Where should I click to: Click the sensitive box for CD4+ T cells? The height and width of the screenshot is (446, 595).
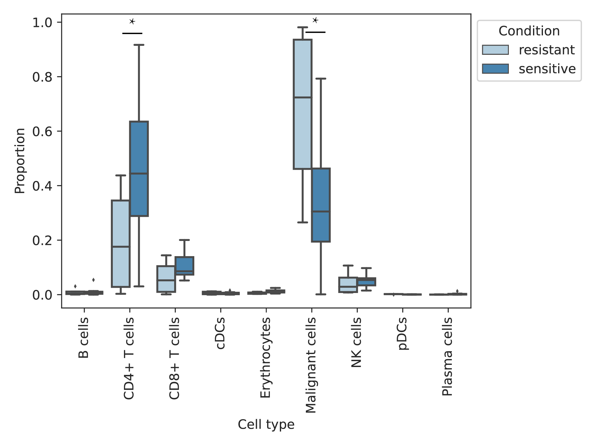(139, 169)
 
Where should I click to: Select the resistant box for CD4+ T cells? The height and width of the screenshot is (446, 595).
(121, 244)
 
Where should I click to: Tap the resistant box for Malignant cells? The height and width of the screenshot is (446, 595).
(302, 104)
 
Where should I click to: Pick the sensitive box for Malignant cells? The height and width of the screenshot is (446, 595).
(321, 205)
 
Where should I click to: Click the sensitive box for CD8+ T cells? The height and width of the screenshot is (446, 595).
(184, 266)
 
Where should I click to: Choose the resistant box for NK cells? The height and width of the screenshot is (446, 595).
(348, 285)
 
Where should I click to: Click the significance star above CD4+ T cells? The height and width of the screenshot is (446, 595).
(132, 21)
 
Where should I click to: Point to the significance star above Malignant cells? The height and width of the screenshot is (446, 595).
(315, 20)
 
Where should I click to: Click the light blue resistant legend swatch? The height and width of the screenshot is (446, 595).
(495, 50)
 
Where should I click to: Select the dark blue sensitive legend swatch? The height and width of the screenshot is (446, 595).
(495, 69)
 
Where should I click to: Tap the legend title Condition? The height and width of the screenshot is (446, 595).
(529, 31)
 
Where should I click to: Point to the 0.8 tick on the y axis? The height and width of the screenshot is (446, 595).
(59, 77)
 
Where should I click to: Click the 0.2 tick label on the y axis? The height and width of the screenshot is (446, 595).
(42, 240)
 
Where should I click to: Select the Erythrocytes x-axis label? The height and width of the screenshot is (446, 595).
(265, 357)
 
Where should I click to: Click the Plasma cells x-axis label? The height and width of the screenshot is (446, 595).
(447, 356)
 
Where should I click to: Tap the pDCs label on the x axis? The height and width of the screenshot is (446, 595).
(402, 334)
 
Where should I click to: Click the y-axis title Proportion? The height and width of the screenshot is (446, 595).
(20, 161)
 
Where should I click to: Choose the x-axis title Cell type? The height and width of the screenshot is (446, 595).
(266, 424)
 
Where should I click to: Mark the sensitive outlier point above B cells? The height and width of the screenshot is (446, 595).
(93, 280)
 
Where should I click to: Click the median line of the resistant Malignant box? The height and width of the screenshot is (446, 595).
(302, 97)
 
